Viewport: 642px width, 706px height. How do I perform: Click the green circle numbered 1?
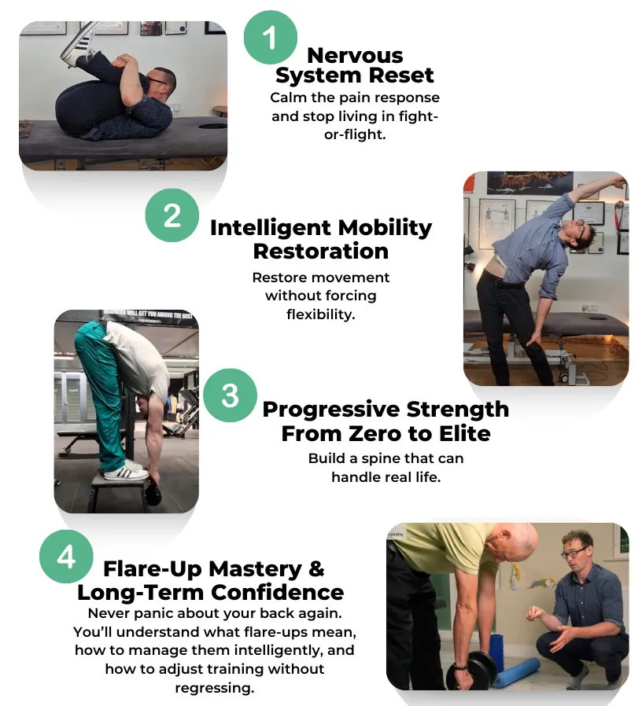coord(270,38)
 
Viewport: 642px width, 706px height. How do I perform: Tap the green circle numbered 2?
coord(172,215)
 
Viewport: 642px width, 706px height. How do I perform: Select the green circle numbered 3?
coord(230,395)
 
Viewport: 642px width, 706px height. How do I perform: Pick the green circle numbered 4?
coord(66,557)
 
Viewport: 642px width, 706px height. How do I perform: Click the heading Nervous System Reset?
coord(355,65)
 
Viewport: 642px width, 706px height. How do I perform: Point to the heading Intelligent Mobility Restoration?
coord(321,239)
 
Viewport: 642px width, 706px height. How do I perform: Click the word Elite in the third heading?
coord(458,433)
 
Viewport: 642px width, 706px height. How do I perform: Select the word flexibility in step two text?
coord(321,314)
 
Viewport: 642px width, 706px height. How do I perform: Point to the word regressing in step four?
coord(215,687)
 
